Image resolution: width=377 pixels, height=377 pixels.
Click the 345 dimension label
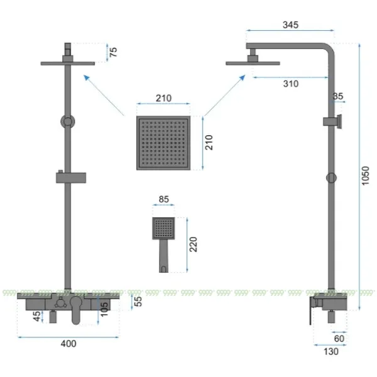click(x=290, y=25)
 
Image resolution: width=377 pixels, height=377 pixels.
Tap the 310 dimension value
click(x=291, y=84)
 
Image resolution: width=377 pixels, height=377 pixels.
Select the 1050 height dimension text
click(x=365, y=176)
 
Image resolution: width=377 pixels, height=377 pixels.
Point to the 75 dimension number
click(x=113, y=52)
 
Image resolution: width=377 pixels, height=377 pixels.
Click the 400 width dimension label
click(x=68, y=344)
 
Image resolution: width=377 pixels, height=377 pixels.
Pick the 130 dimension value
click(x=331, y=351)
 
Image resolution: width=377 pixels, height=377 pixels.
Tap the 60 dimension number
click(x=339, y=339)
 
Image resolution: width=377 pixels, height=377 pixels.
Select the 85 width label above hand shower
click(x=164, y=199)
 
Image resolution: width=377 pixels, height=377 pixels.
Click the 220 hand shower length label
click(x=194, y=244)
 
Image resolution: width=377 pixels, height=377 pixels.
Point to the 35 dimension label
click(x=338, y=96)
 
